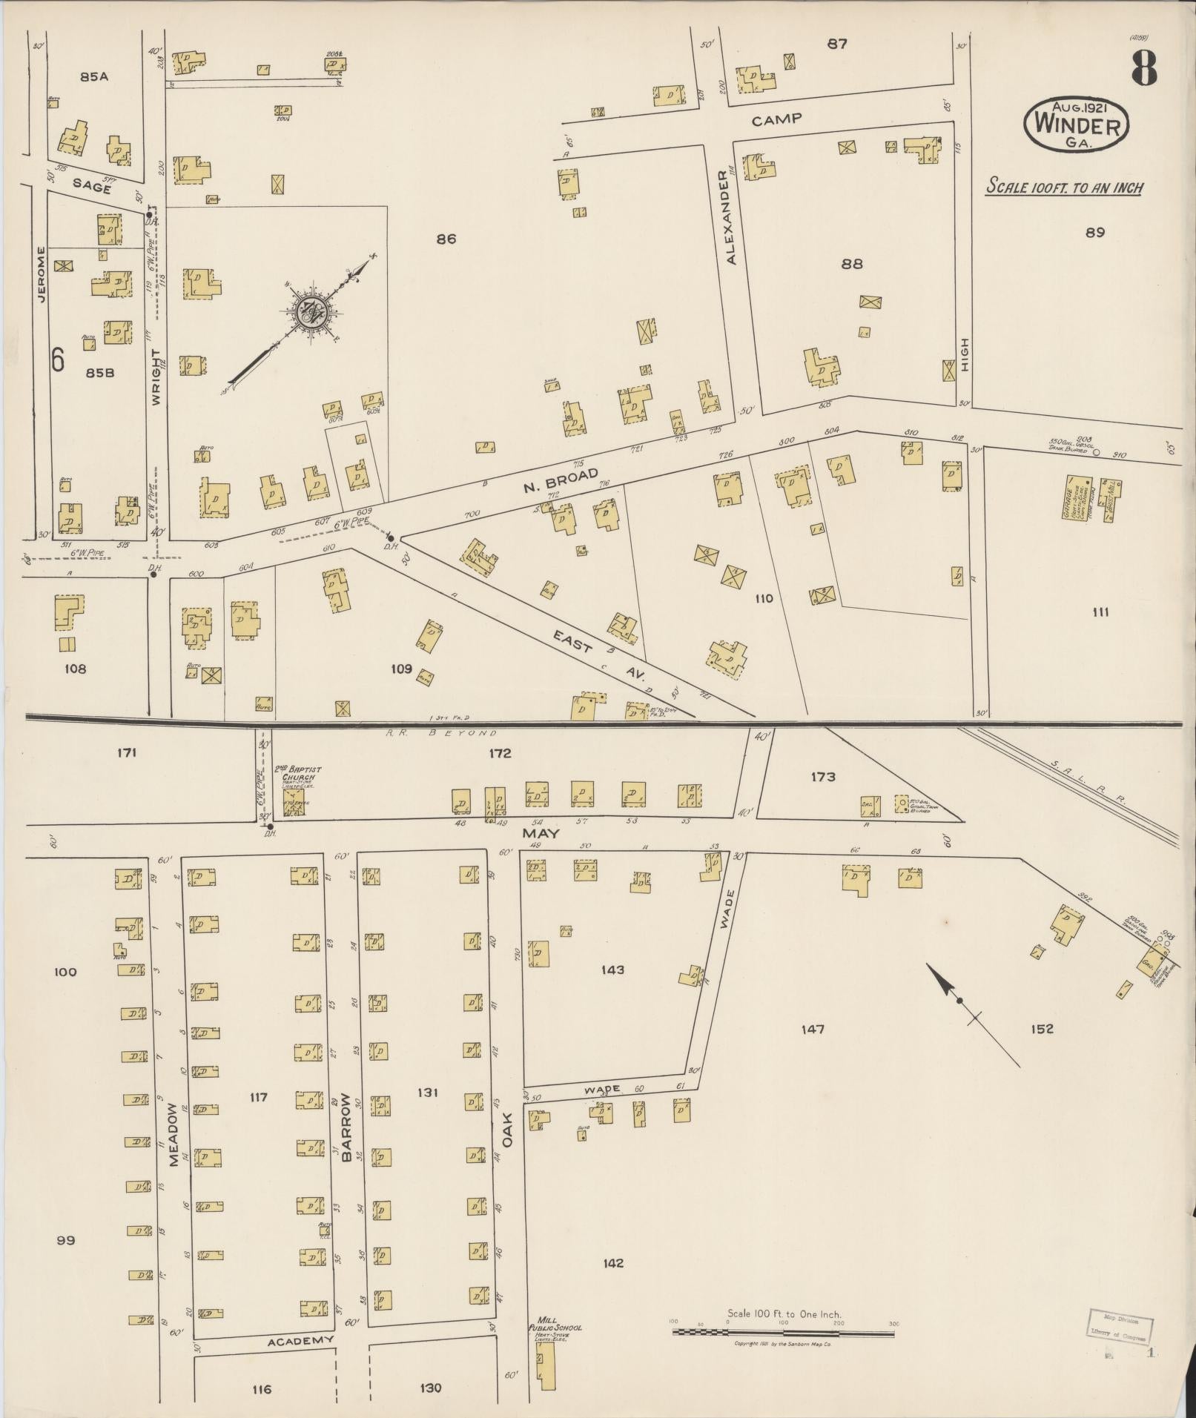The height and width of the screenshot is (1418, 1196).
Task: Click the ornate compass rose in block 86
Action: point(311,314)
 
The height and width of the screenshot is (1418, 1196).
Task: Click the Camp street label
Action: point(777,119)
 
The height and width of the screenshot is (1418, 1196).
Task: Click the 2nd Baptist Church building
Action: point(294,802)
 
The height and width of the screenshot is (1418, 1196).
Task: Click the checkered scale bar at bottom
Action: point(783,1332)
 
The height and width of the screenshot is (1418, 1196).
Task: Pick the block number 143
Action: point(612,970)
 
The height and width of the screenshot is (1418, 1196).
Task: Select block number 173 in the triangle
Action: point(823,777)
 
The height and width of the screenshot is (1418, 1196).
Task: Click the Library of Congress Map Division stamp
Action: point(1120,1328)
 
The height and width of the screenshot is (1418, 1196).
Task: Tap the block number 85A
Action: point(95,76)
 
